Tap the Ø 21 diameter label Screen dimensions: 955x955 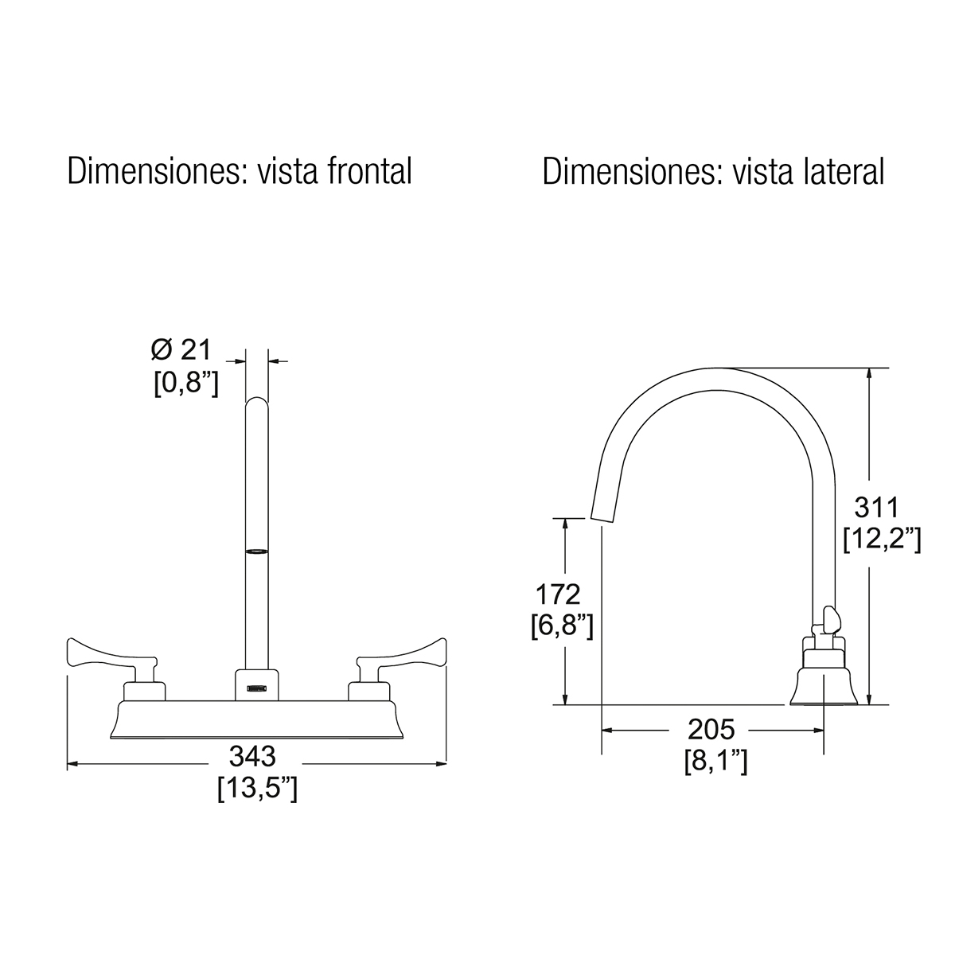pyautogui.click(x=181, y=350)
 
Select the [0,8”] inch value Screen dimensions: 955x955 pyautogui.click(x=186, y=383)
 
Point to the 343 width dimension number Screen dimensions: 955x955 pyautogui.click(x=252, y=756)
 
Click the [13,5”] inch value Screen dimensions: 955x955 pyautogui.click(x=258, y=789)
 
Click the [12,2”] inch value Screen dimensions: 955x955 pyautogui.click(x=882, y=540)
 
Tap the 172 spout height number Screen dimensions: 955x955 pyautogui.click(x=558, y=594)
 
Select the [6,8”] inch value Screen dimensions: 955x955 pyautogui.click(x=562, y=627)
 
